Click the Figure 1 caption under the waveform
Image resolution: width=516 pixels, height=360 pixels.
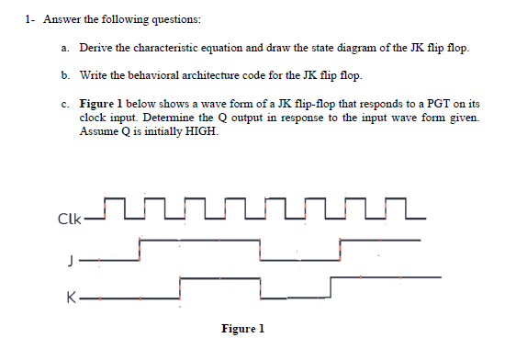tap(242, 328)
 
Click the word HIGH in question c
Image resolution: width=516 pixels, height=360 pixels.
tap(200, 130)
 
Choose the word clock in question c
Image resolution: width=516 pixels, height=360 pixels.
tap(95, 118)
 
